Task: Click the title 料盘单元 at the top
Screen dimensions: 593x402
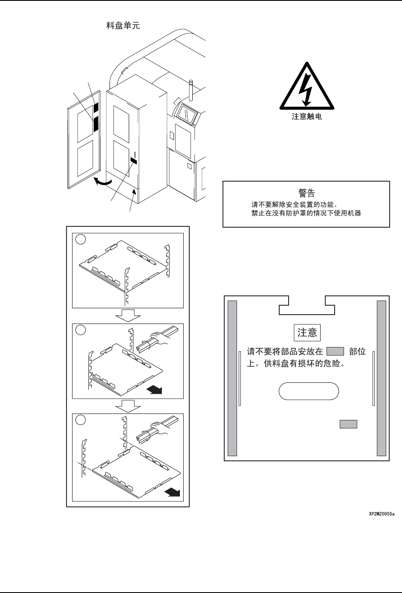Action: (123, 26)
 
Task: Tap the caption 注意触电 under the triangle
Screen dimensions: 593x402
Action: (307, 116)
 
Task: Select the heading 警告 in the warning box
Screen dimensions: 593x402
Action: (307, 193)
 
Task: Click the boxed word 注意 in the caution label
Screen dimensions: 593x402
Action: (307, 333)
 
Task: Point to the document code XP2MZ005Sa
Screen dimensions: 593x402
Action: (382, 514)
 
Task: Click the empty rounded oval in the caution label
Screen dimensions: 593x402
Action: (309, 391)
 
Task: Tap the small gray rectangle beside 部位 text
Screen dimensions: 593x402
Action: (335, 352)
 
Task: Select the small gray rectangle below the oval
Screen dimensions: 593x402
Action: (348, 424)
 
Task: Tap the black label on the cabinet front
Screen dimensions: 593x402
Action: (134, 161)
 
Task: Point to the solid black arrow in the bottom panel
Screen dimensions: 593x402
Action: (172, 493)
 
